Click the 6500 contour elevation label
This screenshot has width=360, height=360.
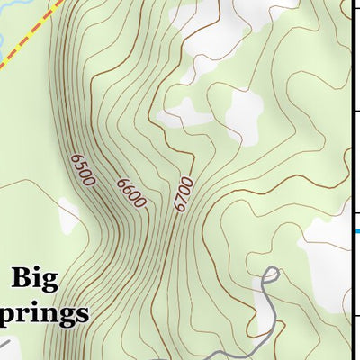[81, 170]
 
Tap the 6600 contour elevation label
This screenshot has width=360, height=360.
[131, 192]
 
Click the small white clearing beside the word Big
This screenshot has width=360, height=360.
[68, 216]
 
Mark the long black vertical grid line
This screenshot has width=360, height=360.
[350, 135]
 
